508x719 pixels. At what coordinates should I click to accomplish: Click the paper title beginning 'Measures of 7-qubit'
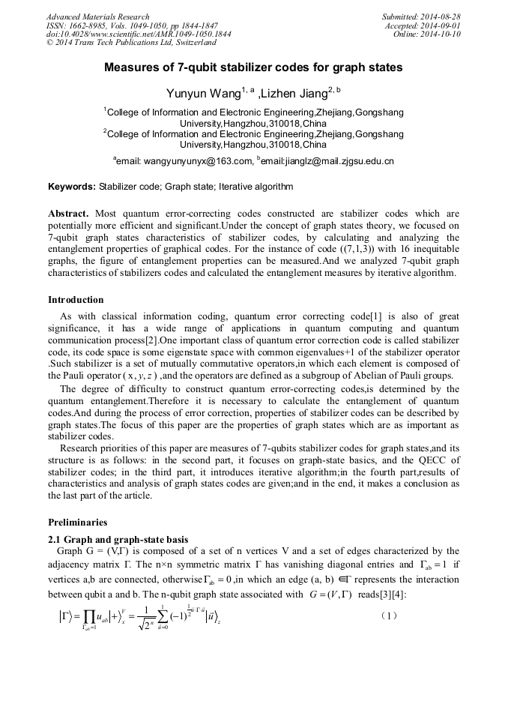(x=253, y=67)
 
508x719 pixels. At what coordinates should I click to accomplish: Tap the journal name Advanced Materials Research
(x=97, y=16)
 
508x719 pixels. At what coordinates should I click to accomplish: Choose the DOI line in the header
(x=139, y=34)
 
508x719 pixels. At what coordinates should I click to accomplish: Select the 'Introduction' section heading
(x=76, y=300)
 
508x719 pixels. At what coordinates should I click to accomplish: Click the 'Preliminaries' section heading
(x=77, y=522)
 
